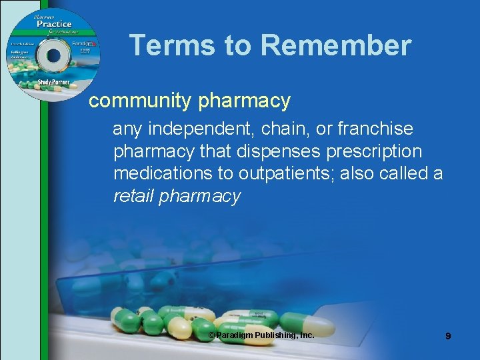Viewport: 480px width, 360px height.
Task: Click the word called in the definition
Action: pyautogui.click(x=402, y=174)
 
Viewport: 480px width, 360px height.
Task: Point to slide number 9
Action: pyautogui.click(x=448, y=337)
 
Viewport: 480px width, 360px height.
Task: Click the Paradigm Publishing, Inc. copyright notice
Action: pyautogui.click(x=261, y=335)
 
